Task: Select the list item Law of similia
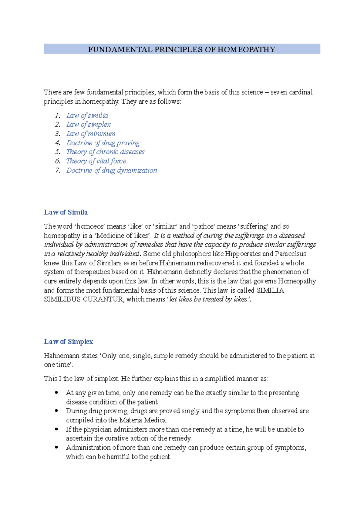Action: click(x=87, y=115)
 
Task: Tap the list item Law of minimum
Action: click(x=91, y=134)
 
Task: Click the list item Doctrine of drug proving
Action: click(x=103, y=143)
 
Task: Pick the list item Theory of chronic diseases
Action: click(x=105, y=152)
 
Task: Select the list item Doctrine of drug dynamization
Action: click(x=112, y=170)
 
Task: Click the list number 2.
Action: click(x=58, y=125)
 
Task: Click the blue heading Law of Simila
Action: click(x=66, y=212)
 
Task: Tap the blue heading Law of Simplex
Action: click(x=68, y=342)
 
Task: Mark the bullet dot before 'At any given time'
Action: click(x=56, y=393)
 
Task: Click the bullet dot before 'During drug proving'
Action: click(x=56, y=411)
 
